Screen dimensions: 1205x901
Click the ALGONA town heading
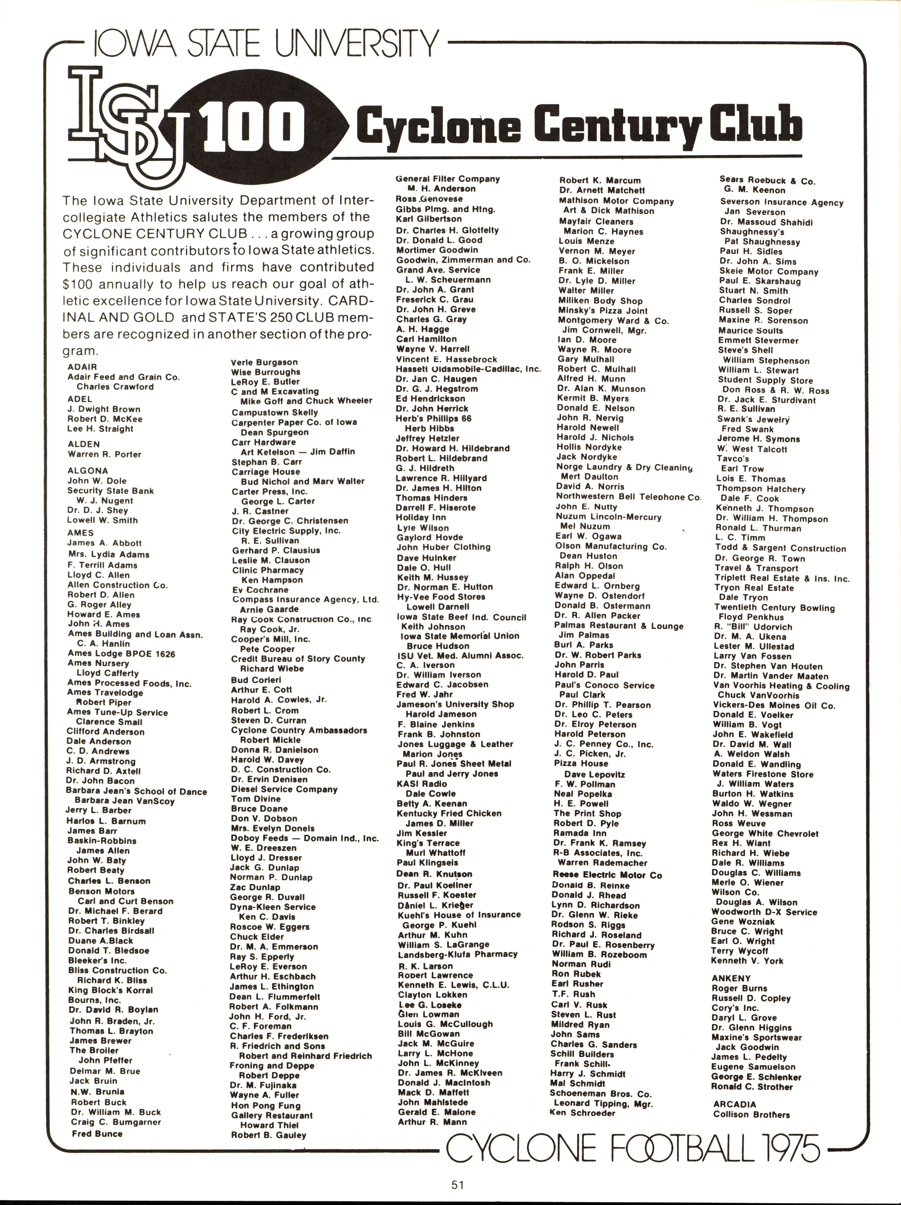tap(88, 470)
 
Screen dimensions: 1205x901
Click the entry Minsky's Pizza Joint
tap(602, 311)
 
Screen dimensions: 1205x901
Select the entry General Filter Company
tap(447, 179)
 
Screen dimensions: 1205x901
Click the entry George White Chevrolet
tap(765, 833)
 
